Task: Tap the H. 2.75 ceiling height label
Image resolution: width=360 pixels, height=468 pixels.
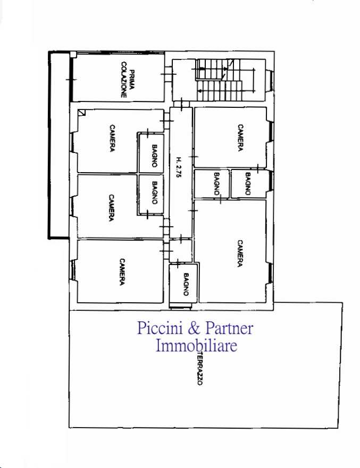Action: [x=179, y=168]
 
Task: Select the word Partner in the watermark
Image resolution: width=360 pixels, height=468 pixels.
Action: [x=229, y=328]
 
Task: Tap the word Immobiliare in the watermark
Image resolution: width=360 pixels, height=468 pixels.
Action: [x=197, y=346]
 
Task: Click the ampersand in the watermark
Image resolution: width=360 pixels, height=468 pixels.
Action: [x=194, y=328]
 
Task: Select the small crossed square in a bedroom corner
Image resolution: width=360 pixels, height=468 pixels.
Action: [x=81, y=113]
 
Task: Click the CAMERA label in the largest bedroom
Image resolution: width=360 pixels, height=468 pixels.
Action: [x=240, y=253]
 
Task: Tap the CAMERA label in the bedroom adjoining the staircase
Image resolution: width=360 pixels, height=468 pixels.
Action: [x=240, y=138]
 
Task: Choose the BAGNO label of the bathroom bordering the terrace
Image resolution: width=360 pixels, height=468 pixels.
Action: [x=186, y=284]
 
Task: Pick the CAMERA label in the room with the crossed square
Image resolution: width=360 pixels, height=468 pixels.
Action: [x=112, y=138]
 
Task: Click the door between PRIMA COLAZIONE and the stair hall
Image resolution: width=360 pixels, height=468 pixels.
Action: [x=168, y=74]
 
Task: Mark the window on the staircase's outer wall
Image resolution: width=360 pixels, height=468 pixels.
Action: [x=270, y=80]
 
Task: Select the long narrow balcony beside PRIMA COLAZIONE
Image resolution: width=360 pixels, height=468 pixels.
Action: [x=59, y=146]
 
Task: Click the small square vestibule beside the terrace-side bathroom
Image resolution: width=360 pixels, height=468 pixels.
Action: [x=181, y=250]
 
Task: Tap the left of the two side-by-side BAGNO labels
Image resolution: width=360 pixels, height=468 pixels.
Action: [x=217, y=184]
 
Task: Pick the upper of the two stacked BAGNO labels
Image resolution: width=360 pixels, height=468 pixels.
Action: [x=154, y=156]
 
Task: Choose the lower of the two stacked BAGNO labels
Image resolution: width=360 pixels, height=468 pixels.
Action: [x=154, y=193]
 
